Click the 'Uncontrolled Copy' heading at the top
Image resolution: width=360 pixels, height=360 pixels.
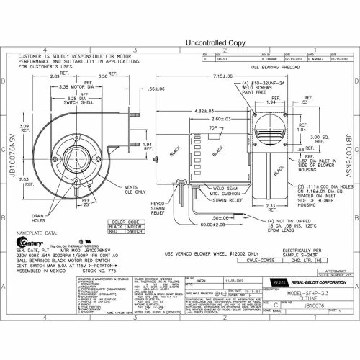(180, 43)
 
